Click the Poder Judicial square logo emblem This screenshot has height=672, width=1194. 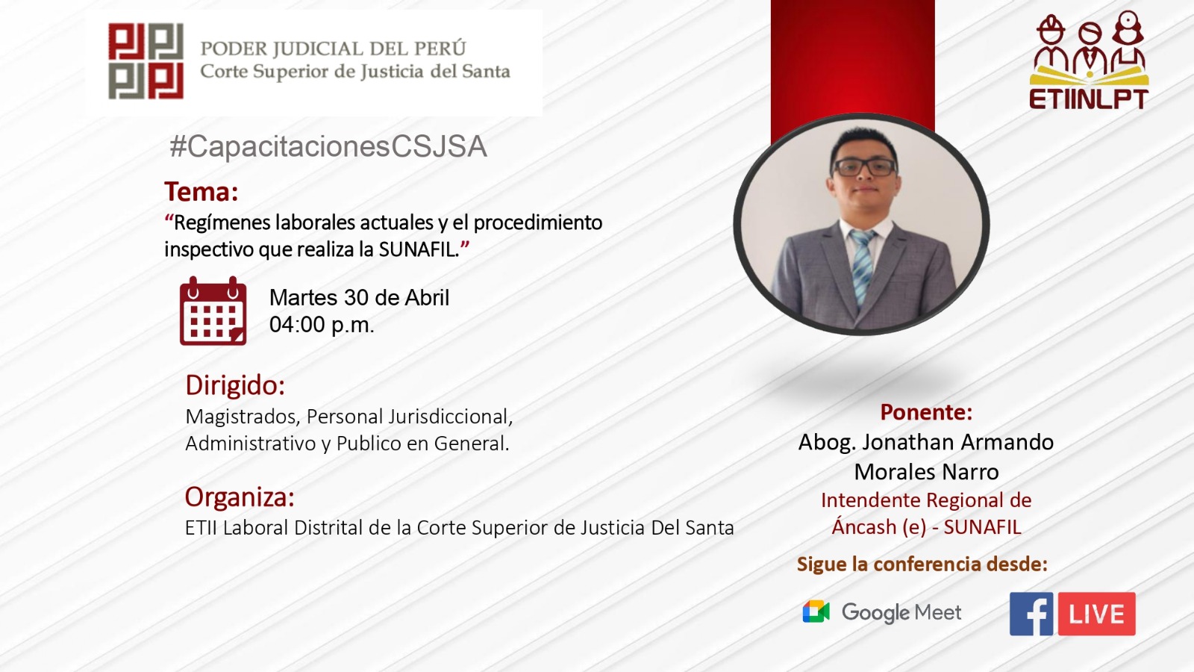click(146, 61)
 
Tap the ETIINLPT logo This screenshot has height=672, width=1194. click(1089, 60)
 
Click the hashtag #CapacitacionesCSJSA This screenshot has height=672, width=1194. click(328, 146)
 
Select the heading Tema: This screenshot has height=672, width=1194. click(201, 192)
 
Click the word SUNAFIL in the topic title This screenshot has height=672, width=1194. click(419, 249)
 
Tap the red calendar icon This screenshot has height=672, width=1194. click(213, 311)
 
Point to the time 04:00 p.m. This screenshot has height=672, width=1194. click(322, 325)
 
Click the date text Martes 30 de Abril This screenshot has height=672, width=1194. click(359, 298)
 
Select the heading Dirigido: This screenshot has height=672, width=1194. click(235, 385)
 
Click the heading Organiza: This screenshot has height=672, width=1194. click(240, 497)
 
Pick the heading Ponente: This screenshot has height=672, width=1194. click(926, 412)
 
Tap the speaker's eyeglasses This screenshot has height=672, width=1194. click(864, 167)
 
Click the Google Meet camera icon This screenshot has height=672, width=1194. click(816, 612)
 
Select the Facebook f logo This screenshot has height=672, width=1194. click(1031, 614)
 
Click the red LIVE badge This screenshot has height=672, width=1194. click(1096, 614)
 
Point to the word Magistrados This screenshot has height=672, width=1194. click(242, 417)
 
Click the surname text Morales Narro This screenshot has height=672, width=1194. click(926, 472)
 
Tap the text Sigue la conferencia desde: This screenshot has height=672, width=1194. click(922, 564)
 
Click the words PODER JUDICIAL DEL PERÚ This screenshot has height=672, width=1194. click(333, 49)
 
